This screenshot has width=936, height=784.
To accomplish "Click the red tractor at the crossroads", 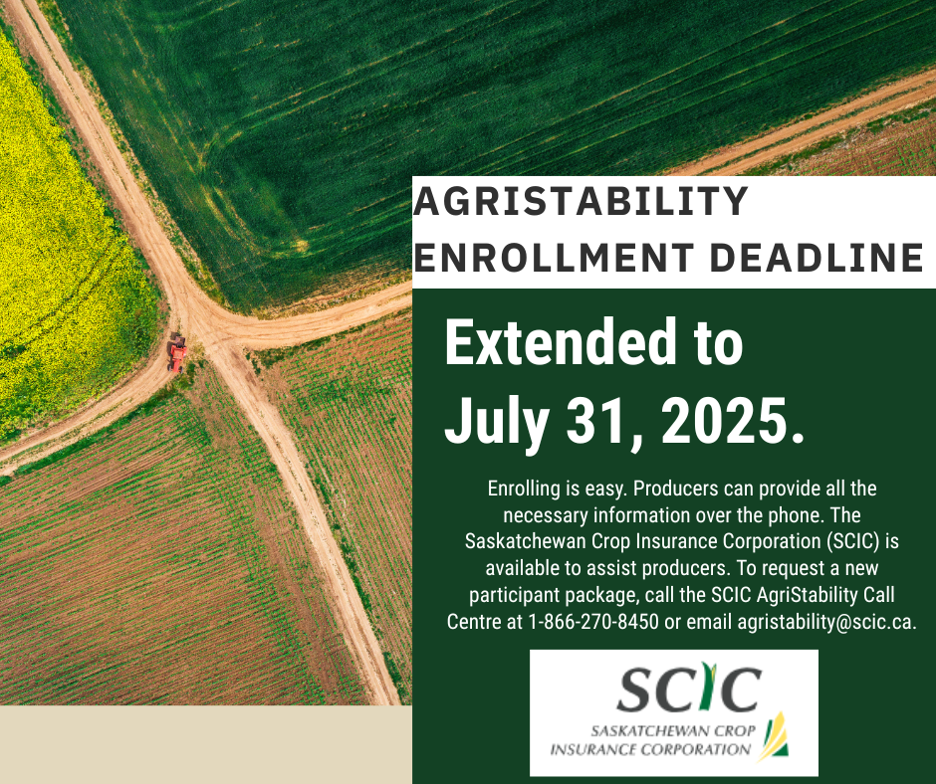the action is tap(177, 352).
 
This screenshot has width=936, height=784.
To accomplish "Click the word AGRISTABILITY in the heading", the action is tap(581, 200).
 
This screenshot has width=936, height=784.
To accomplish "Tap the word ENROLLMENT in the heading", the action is tap(554, 257).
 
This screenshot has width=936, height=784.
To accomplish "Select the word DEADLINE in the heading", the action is tap(818, 257).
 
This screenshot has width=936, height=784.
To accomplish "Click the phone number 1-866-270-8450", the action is tap(593, 622).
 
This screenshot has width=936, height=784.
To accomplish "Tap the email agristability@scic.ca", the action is tap(826, 622).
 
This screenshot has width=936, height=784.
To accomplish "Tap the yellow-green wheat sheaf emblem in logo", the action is tap(774, 736).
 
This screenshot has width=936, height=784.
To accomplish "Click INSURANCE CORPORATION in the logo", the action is tap(650, 749).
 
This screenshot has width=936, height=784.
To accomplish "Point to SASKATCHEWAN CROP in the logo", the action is tap(673, 731).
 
